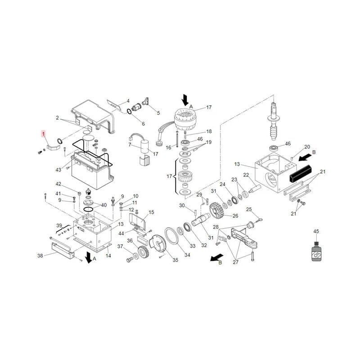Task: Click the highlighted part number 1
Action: click(x=43, y=133)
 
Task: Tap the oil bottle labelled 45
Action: click(x=316, y=252)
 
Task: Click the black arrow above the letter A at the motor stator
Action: click(x=185, y=100)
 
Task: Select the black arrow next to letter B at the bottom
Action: click(x=216, y=257)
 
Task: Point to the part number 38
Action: click(x=40, y=256)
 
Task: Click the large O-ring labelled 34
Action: click(x=172, y=236)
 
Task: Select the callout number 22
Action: click(x=246, y=175)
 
